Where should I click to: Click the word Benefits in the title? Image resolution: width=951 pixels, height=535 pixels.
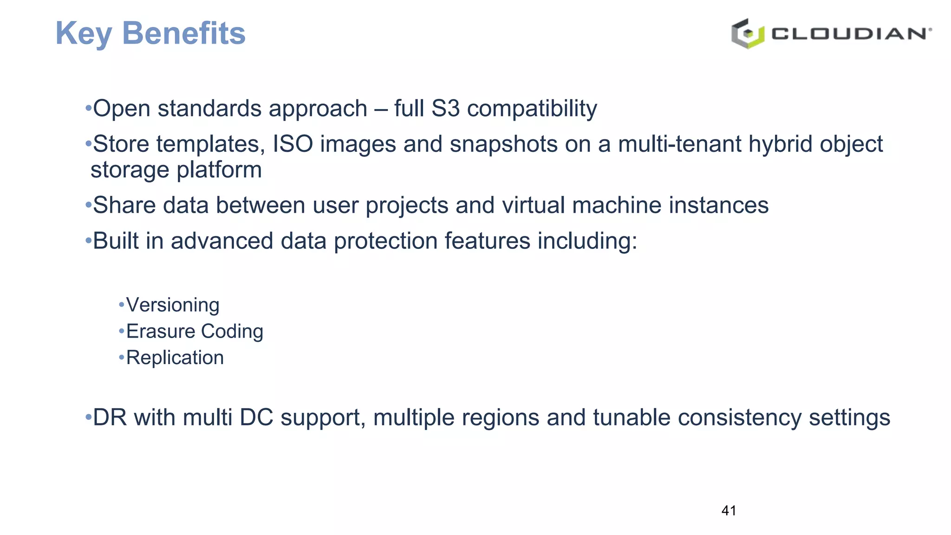tap(183, 33)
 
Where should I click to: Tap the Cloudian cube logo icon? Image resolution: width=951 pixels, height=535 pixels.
tap(747, 33)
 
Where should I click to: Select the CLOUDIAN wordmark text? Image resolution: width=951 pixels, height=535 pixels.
tap(851, 34)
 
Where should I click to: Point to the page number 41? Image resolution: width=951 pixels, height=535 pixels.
tap(729, 511)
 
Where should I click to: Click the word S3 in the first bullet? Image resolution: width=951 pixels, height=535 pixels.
tap(445, 109)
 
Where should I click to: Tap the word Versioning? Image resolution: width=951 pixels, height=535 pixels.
tap(173, 305)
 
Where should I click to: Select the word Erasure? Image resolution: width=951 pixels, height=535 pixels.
tap(161, 332)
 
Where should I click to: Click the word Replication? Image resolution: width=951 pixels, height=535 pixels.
tap(175, 358)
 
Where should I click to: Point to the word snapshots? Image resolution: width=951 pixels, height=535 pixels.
tap(503, 144)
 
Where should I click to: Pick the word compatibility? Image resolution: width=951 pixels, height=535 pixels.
tap(532, 109)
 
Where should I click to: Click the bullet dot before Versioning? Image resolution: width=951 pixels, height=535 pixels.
tap(122, 305)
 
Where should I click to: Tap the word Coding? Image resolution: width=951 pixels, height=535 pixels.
tap(232, 332)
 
